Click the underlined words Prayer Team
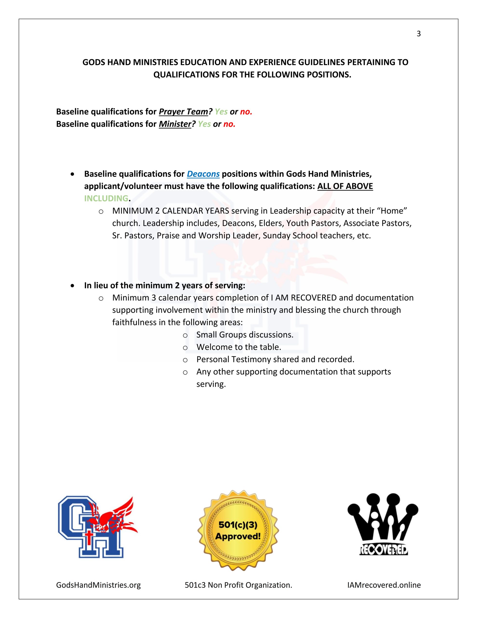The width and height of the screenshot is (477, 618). pos(183,112)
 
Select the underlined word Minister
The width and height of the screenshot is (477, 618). pos(175,124)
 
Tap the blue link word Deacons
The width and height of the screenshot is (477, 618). pos(203,174)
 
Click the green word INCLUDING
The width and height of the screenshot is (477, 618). pos(106,199)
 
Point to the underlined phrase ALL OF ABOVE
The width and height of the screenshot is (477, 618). pos(345,186)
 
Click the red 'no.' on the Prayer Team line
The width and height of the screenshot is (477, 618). pos(246,112)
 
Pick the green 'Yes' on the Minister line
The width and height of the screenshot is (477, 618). pos(204,124)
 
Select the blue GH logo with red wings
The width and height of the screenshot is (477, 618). pos(96,526)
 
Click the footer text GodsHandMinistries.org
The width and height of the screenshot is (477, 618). pos(98,585)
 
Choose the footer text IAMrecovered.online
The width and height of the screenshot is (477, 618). pos(384,585)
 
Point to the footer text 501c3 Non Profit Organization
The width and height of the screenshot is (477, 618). pos(238,585)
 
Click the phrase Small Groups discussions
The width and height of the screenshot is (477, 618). pos(245,335)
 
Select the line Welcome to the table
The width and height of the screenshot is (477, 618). pos(239,347)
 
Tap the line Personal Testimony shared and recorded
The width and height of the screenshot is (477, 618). pos(275,359)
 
